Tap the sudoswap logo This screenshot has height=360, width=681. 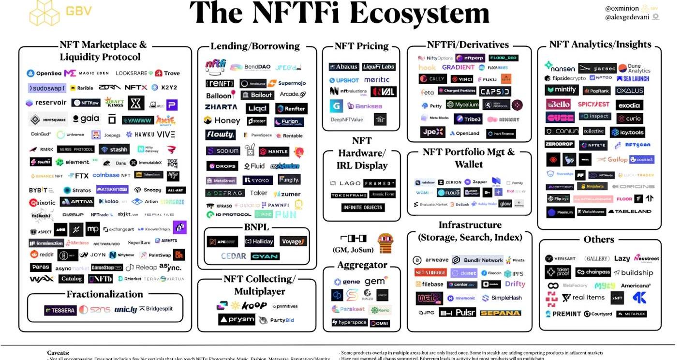click(x=46, y=88)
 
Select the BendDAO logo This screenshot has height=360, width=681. click(x=246, y=67)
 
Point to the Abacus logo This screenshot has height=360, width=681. click(x=343, y=67)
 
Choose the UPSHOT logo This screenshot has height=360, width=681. click(x=344, y=80)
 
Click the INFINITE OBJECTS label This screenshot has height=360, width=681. click(x=362, y=208)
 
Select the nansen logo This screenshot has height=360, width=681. click(x=560, y=68)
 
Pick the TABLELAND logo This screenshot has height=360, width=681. click(x=630, y=212)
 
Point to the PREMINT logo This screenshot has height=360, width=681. click(x=563, y=314)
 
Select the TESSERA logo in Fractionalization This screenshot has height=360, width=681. click(x=60, y=310)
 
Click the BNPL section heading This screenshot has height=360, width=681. click(x=256, y=227)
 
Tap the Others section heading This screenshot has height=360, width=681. click(x=599, y=240)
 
